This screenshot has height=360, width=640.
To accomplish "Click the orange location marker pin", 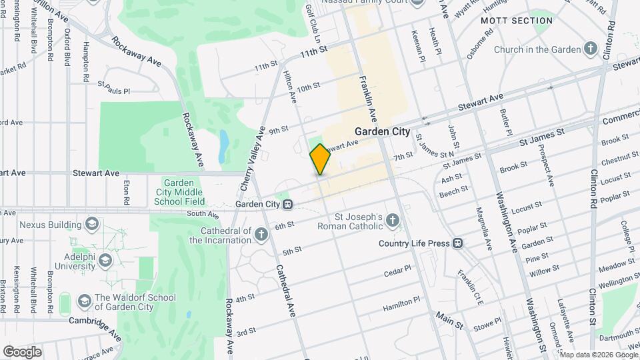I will pos(320,160).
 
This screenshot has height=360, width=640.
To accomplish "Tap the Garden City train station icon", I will pos(287,204).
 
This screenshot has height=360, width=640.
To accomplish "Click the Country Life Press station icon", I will pos(458,243).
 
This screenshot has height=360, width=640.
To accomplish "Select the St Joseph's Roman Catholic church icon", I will pos(393,221).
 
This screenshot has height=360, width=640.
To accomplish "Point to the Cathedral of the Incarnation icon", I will pos(261,234).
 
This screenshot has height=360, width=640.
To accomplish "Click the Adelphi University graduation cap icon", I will pos(105,261).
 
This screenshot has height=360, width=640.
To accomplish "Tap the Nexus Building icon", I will pos(91,224).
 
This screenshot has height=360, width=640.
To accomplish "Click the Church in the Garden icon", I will pos(590,49).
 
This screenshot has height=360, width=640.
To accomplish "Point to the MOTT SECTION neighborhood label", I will pos(517,21).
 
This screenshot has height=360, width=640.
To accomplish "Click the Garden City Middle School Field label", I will pos(179,192).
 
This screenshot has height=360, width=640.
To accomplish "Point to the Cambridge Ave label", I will pos(94,326).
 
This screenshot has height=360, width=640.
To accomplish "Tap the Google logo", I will pos(22,351).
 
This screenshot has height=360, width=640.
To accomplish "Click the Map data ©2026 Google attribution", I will pos(597,354).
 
